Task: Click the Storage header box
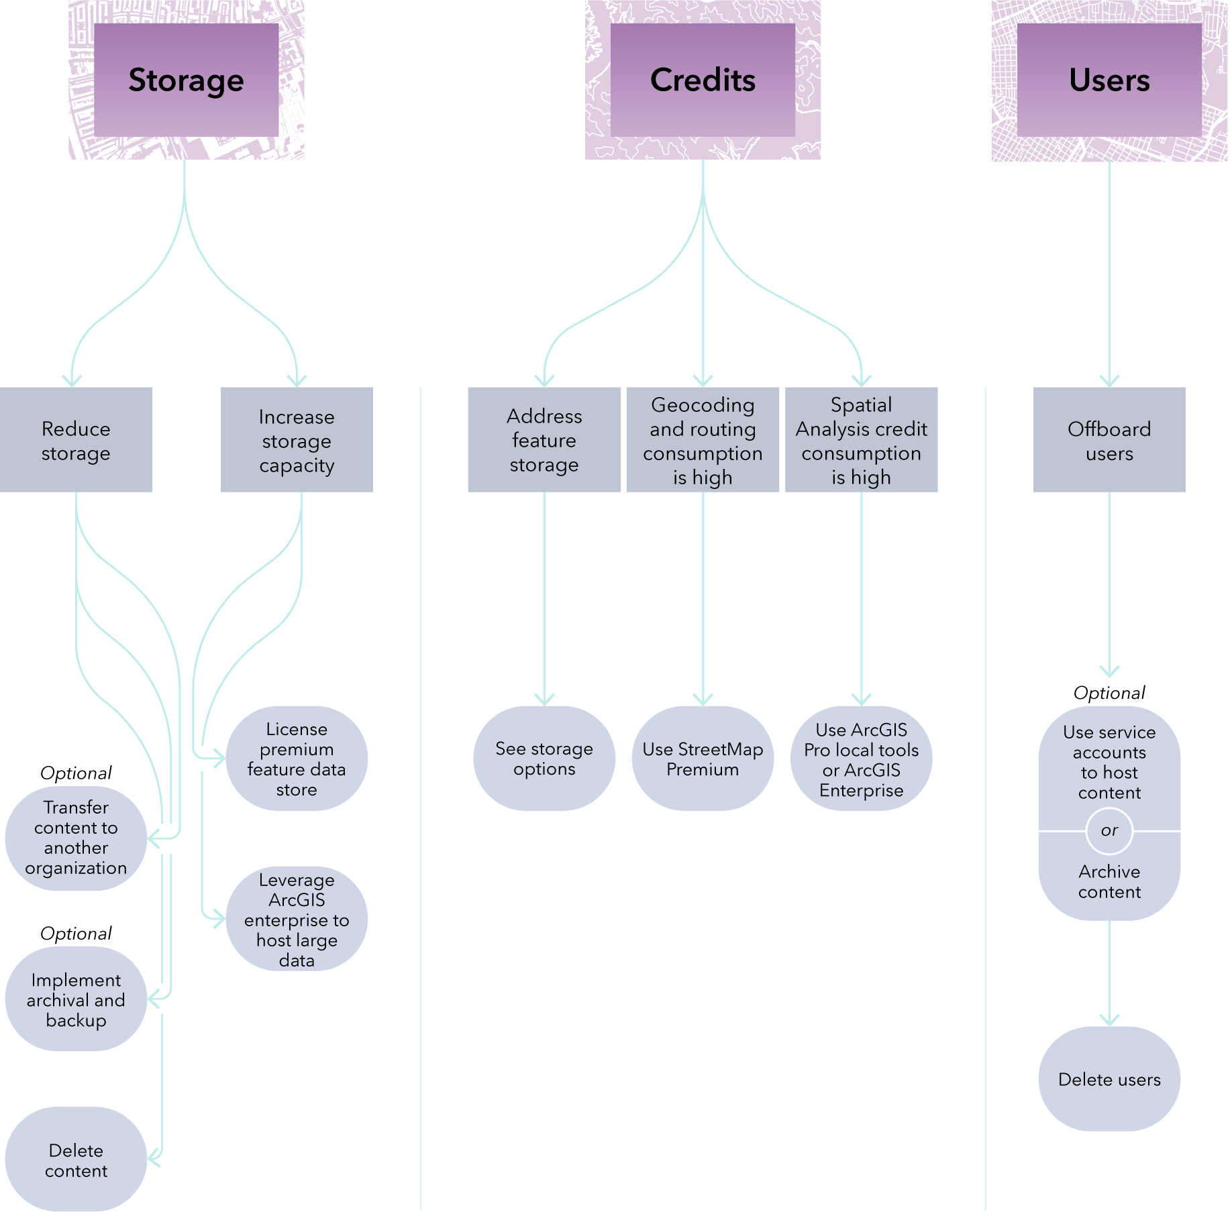coord(186,80)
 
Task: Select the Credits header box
coord(703,80)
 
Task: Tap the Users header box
coord(1109,80)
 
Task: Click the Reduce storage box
coord(76,440)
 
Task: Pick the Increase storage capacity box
coord(297,440)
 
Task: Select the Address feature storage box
coord(544,440)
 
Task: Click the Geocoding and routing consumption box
coord(703,440)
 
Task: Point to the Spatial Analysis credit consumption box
coord(861,440)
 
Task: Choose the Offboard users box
coord(1109,440)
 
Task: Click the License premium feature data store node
coord(297,759)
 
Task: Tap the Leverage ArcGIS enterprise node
coord(297,919)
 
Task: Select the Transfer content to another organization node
coord(76,838)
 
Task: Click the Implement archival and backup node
coord(76,999)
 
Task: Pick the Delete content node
coord(76,1159)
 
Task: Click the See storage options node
coord(544,759)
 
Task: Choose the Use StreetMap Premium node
coord(703,759)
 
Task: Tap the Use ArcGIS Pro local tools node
coord(861,759)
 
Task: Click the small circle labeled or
coord(1109,831)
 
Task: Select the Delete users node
coord(1109,1079)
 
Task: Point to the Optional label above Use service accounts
coord(1109,693)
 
